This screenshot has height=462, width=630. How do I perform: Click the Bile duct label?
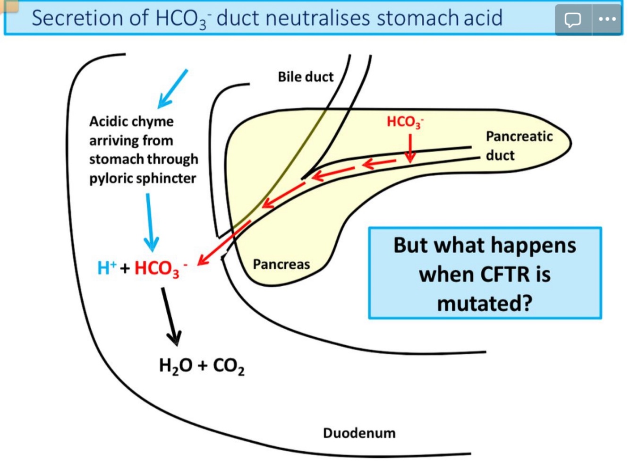click(305, 77)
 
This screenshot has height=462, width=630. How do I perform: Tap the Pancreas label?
click(281, 264)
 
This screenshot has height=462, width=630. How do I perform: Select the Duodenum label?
click(359, 433)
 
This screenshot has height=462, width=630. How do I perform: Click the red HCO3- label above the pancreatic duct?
click(405, 122)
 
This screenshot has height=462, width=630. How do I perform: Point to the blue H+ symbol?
click(106, 268)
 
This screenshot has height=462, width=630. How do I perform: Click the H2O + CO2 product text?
click(202, 366)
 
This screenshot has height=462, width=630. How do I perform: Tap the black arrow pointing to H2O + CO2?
click(170, 317)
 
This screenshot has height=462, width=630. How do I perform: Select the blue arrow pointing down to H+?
click(150, 222)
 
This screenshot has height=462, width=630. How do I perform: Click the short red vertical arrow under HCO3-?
click(410, 148)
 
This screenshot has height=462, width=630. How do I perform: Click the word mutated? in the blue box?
click(485, 303)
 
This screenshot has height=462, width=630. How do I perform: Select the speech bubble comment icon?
click(573, 19)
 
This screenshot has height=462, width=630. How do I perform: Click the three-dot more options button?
click(607, 19)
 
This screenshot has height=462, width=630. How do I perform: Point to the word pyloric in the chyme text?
click(112, 179)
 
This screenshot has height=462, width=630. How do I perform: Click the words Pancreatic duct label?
click(519, 145)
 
